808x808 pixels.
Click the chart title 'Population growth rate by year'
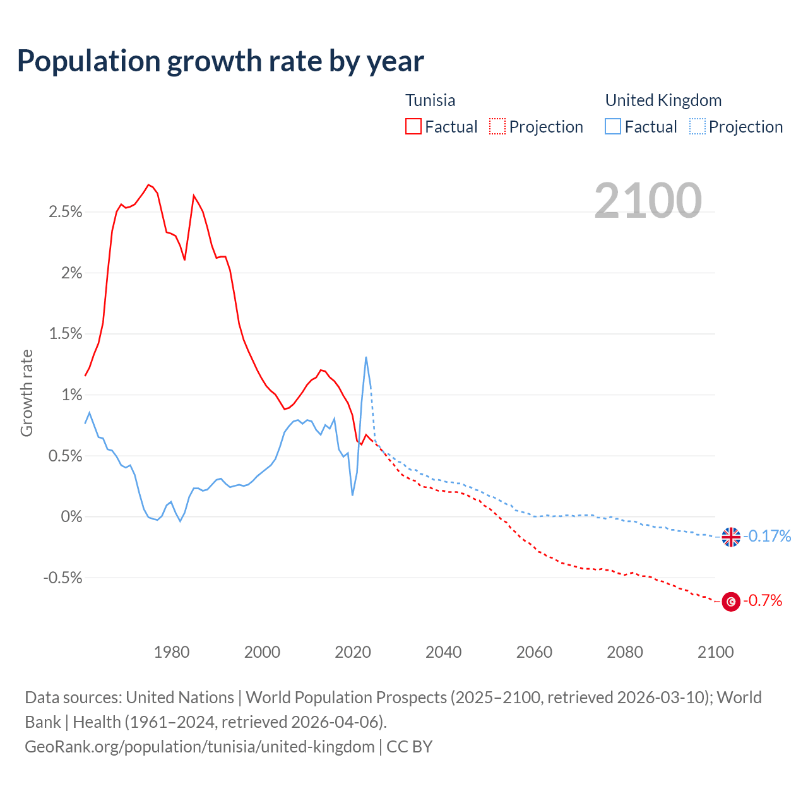[220, 61]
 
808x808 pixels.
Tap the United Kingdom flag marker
[731, 537]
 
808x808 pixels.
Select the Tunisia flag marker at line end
[731, 602]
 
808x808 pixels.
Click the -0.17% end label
[768, 537]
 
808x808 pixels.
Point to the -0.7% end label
[763, 601]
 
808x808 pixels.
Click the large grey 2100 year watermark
[648, 201]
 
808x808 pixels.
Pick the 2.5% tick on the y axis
[66, 212]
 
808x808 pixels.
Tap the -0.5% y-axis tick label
[63, 578]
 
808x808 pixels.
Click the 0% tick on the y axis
[71, 517]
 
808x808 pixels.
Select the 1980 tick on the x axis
[172, 652]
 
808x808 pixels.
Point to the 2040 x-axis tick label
[444, 652]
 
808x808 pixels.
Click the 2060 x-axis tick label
[534, 652]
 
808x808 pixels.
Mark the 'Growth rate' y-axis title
[27, 393]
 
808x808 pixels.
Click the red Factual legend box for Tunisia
[413, 127]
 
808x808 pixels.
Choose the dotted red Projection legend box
[497, 127]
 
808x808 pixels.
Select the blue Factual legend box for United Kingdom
[613, 127]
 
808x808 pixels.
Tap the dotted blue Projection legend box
[697, 127]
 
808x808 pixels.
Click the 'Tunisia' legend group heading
[430, 100]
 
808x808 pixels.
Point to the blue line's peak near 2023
[366, 357]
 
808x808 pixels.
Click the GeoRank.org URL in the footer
[199, 747]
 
